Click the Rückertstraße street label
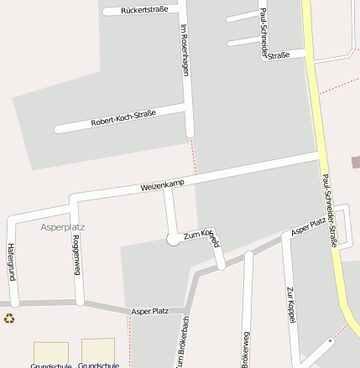click(x=144, y=9)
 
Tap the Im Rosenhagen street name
click(x=185, y=50)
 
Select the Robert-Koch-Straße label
click(x=123, y=118)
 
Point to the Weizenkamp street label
click(x=162, y=184)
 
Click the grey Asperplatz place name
click(x=63, y=226)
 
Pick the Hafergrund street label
click(x=12, y=261)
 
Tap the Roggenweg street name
click(x=76, y=255)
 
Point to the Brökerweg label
click(x=246, y=349)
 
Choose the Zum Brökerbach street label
click(x=183, y=344)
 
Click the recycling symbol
click(x=9, y=318)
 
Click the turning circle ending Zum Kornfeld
click(x=174, y=239)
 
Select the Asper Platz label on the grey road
click(x=149, y=311)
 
